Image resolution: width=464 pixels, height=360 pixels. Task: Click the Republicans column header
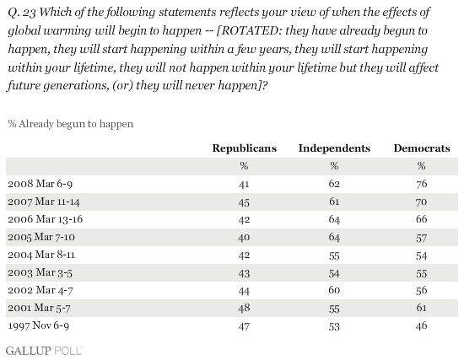click(245, 148)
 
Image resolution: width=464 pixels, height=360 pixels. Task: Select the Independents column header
click(334, 148)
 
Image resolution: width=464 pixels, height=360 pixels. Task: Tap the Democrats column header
click(422, 148)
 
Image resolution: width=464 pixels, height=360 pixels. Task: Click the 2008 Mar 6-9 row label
click(40, 184)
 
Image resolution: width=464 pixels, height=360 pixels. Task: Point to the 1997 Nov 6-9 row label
click(39, 325)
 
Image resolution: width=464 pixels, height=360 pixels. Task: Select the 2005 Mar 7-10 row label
click(41, 237)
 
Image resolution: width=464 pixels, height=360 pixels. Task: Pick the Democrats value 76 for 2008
click(421, 184)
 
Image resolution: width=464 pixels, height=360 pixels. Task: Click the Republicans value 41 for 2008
click(244, 184)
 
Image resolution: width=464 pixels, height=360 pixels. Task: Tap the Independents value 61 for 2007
click(334, 201)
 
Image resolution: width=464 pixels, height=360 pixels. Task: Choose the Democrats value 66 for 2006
click(421, 219)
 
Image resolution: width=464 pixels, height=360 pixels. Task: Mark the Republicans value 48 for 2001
click(244, 308)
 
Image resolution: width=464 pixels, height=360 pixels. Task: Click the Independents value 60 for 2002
click(334, 290)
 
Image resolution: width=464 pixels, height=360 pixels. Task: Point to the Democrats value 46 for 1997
click(421, 325)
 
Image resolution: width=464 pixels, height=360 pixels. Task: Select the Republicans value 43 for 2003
click(244, 272)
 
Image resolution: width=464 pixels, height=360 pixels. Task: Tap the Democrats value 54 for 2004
click(421, 255)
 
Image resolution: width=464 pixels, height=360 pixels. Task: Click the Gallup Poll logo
click(44, 351)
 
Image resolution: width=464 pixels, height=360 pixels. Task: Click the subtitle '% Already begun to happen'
click(71, 124)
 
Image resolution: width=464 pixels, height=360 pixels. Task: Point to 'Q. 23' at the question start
click(22, 13)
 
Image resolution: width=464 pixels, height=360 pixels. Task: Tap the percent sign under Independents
click(334, 166)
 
